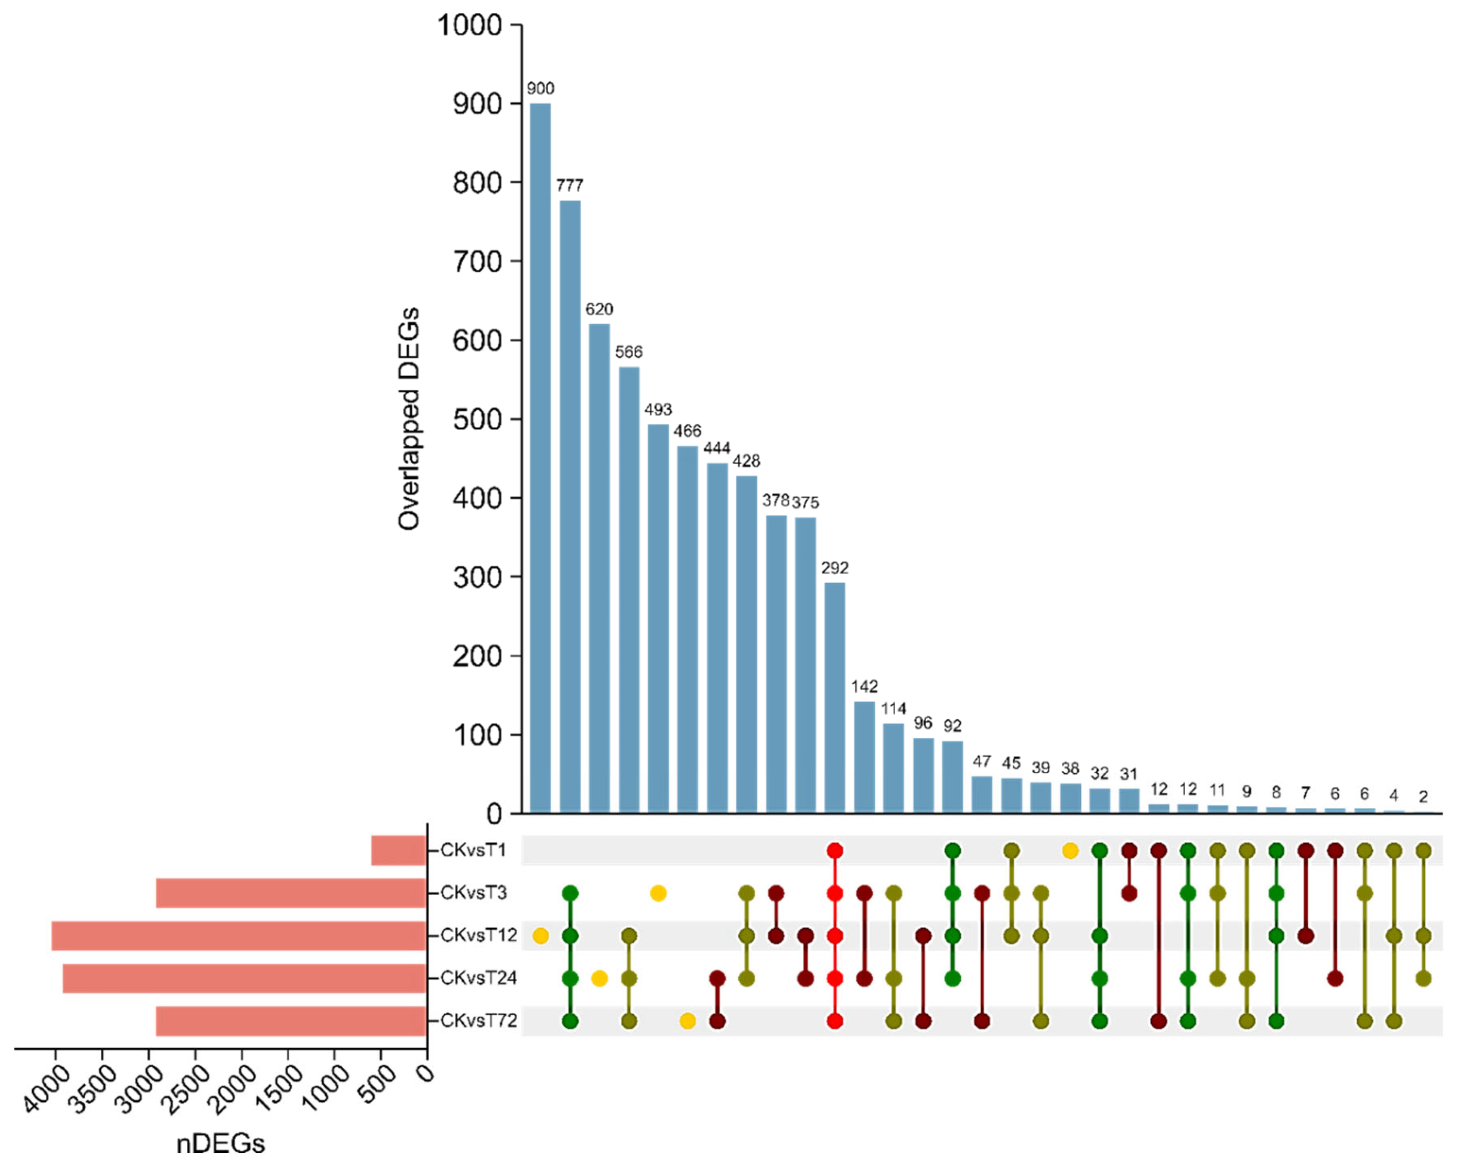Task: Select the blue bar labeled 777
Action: [570, 506]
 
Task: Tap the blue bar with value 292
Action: [834, 697]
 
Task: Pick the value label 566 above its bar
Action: [628, 351]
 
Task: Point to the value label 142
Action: [864, 686]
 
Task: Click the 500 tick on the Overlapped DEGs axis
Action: [477, 419]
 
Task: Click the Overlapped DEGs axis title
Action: [409, 418]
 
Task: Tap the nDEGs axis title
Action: [220, 1144]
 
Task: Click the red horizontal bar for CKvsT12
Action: [238, 936]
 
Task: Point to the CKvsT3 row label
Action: [473, 893]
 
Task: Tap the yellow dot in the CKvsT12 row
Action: [540, 936]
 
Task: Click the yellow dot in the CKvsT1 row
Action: [1070, 850]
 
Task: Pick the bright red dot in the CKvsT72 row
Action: [834, 1021]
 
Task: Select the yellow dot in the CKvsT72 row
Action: [687, 1021]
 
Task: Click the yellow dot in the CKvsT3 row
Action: [657, 893]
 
